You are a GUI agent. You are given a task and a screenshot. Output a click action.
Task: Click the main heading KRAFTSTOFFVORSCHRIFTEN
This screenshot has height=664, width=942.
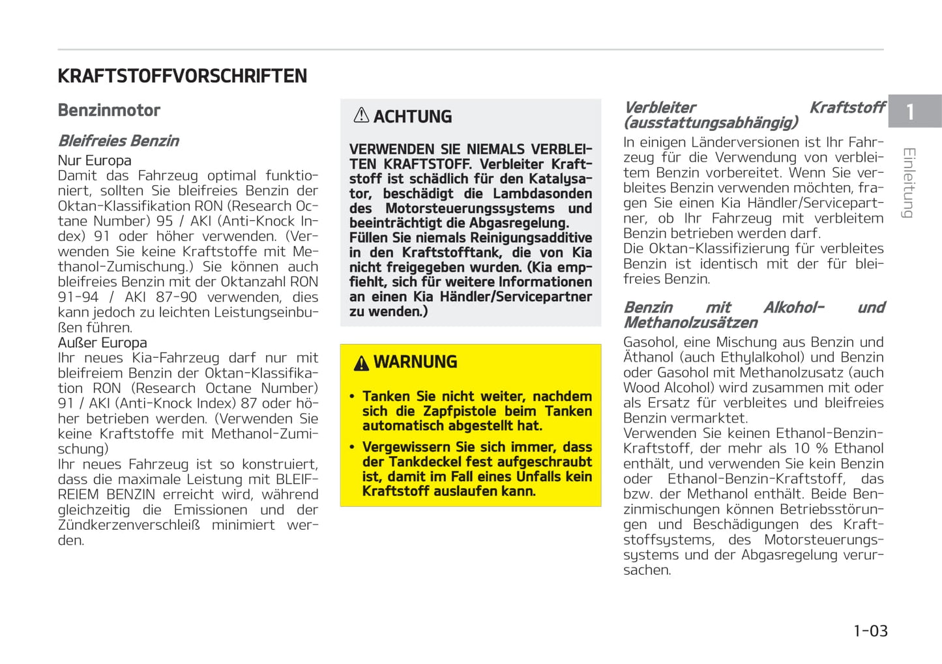coord(182,76)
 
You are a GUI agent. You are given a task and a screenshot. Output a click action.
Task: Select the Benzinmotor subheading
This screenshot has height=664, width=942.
coord(109,110)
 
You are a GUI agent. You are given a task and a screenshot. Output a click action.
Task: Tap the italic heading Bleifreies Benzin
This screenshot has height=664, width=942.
coord(118,141)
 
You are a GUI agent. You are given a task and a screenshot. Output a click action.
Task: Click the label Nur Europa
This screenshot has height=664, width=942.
coord(95,160)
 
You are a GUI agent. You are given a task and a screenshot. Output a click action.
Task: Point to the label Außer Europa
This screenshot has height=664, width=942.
coord(102,343)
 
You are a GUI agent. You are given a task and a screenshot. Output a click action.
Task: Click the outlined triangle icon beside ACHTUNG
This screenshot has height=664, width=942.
coord(361,115)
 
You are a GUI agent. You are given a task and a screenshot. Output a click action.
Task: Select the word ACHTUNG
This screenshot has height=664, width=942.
coord(412,117)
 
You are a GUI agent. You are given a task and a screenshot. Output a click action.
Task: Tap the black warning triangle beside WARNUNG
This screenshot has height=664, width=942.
coord(361,364)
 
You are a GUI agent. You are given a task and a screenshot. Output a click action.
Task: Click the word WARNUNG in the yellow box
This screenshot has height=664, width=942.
coord(415,362)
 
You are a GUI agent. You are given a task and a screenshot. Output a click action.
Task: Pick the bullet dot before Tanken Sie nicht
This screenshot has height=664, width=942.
coord(352,397)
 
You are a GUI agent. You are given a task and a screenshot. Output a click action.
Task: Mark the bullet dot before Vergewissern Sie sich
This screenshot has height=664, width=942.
coord(352,448)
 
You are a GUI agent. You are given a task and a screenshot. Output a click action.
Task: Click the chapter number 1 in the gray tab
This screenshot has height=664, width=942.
coord(910,112)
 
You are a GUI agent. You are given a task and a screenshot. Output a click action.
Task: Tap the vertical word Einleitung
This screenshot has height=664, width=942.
coord(909,183)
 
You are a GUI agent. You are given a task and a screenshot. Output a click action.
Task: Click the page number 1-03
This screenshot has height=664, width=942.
coord(870,631)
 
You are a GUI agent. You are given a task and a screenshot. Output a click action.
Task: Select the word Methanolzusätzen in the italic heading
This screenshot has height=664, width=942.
coord(690,323)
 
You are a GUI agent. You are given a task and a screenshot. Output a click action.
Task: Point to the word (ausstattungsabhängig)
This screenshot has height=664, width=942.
coord(711,123)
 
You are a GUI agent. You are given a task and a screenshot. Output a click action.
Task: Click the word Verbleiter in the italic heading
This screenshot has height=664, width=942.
coord(660,108)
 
